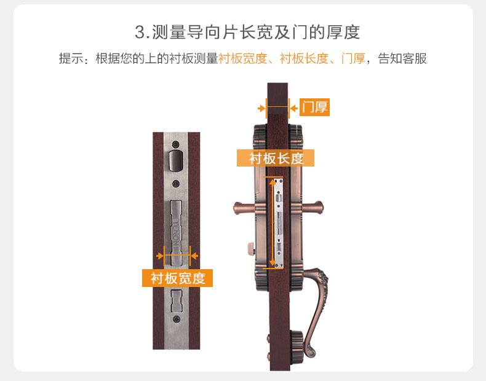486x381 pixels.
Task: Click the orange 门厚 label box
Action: pyautogui.click(x=314, y=108)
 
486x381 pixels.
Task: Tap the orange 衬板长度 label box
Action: pyautogui.click(x=276, y=158)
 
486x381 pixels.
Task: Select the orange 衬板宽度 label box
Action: pyautogui.click(x=177, y=278)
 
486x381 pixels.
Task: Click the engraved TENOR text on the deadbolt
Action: pyautogui.click(x=176, y=232)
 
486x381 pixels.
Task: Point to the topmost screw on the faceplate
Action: pyautogui.click(x=176, y=144)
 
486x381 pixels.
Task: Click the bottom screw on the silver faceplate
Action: pyautogui.click(x=177, y=319)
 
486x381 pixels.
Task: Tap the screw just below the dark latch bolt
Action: pyautogui.click(x=176, y=184)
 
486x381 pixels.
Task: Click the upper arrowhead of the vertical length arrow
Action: pyautogui.click(x=273, y=182)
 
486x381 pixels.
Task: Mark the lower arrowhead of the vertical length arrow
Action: pyautogui.click(x=273, y=263)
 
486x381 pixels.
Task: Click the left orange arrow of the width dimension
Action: pyautogui.click(x=160, y=256)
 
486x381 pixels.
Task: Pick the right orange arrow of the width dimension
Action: pyautogui.click(x=194, y=256)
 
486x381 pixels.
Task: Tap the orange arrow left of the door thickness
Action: pyautogui.click(x=262, y=108)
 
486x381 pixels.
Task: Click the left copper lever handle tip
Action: pyautogui.click(x=237, y=208)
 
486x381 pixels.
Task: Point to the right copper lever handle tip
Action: pyautogui.click(x=319, y=207)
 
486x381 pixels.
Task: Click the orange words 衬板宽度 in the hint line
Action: pyautogui.click(x=242, y=58)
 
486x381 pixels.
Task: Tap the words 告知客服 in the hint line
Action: pyautogui.click(x=402, y=58)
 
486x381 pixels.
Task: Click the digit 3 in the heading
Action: pyautogui.click(x=140, y=32)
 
